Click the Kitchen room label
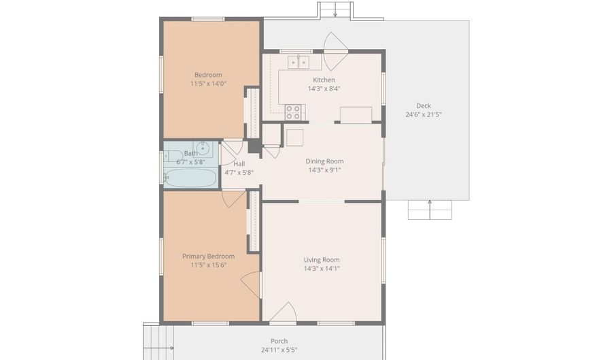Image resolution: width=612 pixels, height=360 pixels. point(324,80)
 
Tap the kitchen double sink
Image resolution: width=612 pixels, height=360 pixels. point(299,62)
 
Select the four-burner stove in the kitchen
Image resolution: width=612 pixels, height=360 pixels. point(292,112)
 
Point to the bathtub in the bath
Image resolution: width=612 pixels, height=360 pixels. point(190,178)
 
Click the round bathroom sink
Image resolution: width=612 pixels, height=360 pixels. point(203,148)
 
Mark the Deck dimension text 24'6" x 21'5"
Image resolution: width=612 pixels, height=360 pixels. point(424,115)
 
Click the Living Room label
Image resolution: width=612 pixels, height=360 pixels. point(322,260)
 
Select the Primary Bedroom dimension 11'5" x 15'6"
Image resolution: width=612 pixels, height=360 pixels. point(209,265)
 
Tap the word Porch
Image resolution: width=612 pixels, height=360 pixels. point(279,341)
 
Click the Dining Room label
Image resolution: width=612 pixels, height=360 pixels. point(324,161)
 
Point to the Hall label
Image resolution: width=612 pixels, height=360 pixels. point(239,164)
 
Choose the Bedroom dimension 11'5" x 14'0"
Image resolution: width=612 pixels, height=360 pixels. point(209,84)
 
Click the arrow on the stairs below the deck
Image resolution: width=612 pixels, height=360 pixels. point(430,210)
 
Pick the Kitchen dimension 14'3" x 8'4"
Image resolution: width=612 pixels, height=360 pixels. point(324,88)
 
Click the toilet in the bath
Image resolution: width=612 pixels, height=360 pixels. point(173,156)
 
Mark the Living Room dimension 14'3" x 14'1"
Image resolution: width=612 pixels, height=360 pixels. point(322,269)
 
